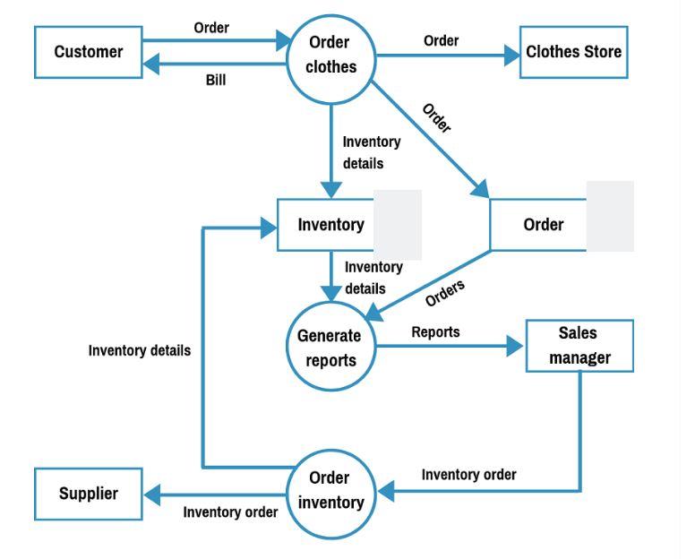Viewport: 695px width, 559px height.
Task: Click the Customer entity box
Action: pyautogui.click(x=88, y=52)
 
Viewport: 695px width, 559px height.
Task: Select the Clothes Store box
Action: pyautogui.click(x=573, y=52)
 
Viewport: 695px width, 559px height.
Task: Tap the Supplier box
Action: pyautogui.click(x=88, y=494)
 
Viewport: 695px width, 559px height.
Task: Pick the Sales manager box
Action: pyautogui.click(x=579, y=346)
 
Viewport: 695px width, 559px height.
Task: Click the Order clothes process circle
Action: pyautogui.click(x=330, y=55)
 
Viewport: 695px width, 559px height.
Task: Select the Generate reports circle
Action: pyautogui.click(x=330, y=348)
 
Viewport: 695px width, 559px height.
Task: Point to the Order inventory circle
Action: pyautogui.click(x=330, y=491)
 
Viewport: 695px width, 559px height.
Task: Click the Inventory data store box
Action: pyautogui.click(x=330, y=225)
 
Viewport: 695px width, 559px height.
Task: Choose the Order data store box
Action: pyautogui.click(x=543, y=225)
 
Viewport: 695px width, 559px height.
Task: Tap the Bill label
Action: pyautogui.click(x=216, y=81)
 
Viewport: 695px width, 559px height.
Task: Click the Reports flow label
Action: pyautogui.click(x=435, y=332)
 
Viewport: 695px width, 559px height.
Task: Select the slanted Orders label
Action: pyautogui.click(x=445, y=293)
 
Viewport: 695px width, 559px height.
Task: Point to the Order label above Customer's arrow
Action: pyautogui.click(x=211, y=28)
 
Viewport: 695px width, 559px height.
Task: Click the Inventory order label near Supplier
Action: pyautogui.click(x=230, y=512)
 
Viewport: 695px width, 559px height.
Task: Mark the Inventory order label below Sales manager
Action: pyautogui.click(x=468, y=475)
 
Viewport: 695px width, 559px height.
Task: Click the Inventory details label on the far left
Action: pyautogui.click(x=139, y=351)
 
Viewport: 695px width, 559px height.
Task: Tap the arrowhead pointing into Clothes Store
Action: pyautogui.click(x=512, y=56)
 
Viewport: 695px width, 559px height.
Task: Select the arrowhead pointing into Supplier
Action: pyautogui.click(x=151, y=493)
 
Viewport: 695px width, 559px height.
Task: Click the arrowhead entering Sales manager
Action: pyautogui.click(x=516, y=347)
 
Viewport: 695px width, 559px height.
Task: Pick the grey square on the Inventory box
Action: pyautogui.click(x=397, y=225)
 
